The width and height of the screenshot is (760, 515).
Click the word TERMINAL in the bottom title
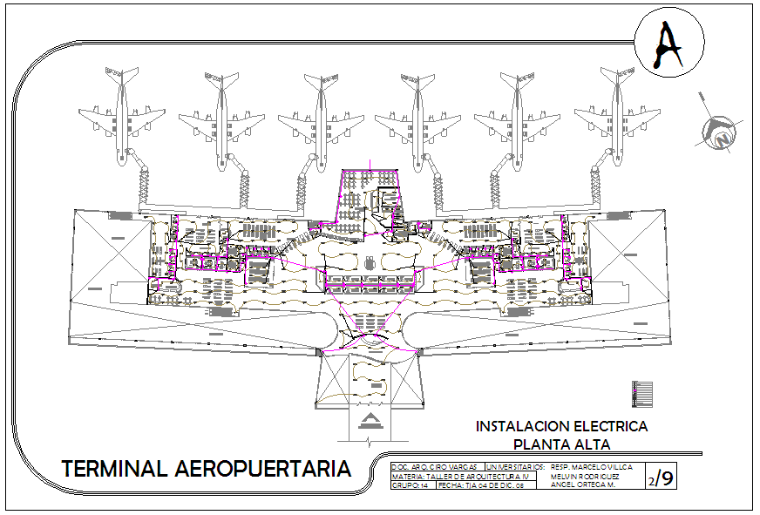coord(115,469)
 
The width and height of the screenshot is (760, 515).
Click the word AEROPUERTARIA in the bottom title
coord(263,469)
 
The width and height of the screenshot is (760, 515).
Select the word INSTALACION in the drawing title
coord(519,427)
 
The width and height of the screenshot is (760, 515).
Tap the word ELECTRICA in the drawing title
coord(610,427)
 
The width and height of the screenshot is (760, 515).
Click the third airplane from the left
coord(320,118)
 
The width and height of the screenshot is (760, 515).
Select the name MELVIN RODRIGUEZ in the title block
coord(586,477)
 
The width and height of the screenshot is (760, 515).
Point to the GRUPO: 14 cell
coord(410,485)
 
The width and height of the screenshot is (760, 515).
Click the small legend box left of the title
coord(643,394)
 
